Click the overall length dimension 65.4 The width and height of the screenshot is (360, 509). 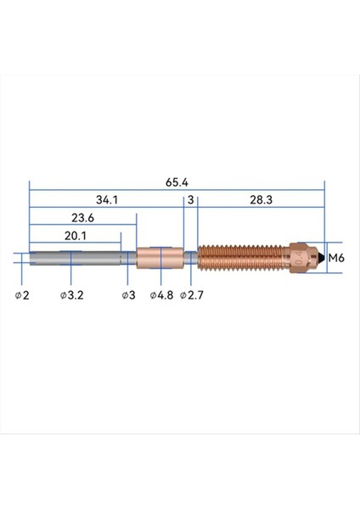(177, 182)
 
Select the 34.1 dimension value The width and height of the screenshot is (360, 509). (107, 200)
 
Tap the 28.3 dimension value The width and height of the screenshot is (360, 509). (261, 200)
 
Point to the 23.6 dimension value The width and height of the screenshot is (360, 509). (82, 217)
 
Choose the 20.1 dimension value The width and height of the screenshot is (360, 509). (76, 235)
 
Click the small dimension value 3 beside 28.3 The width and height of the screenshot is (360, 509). (191, 200)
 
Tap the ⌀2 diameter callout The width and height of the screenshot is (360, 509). (22, 294)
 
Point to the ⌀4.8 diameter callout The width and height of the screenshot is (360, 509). (162, 294)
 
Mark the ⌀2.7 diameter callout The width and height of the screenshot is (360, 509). (192, 294)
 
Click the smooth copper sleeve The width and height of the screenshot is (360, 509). (160, 257)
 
